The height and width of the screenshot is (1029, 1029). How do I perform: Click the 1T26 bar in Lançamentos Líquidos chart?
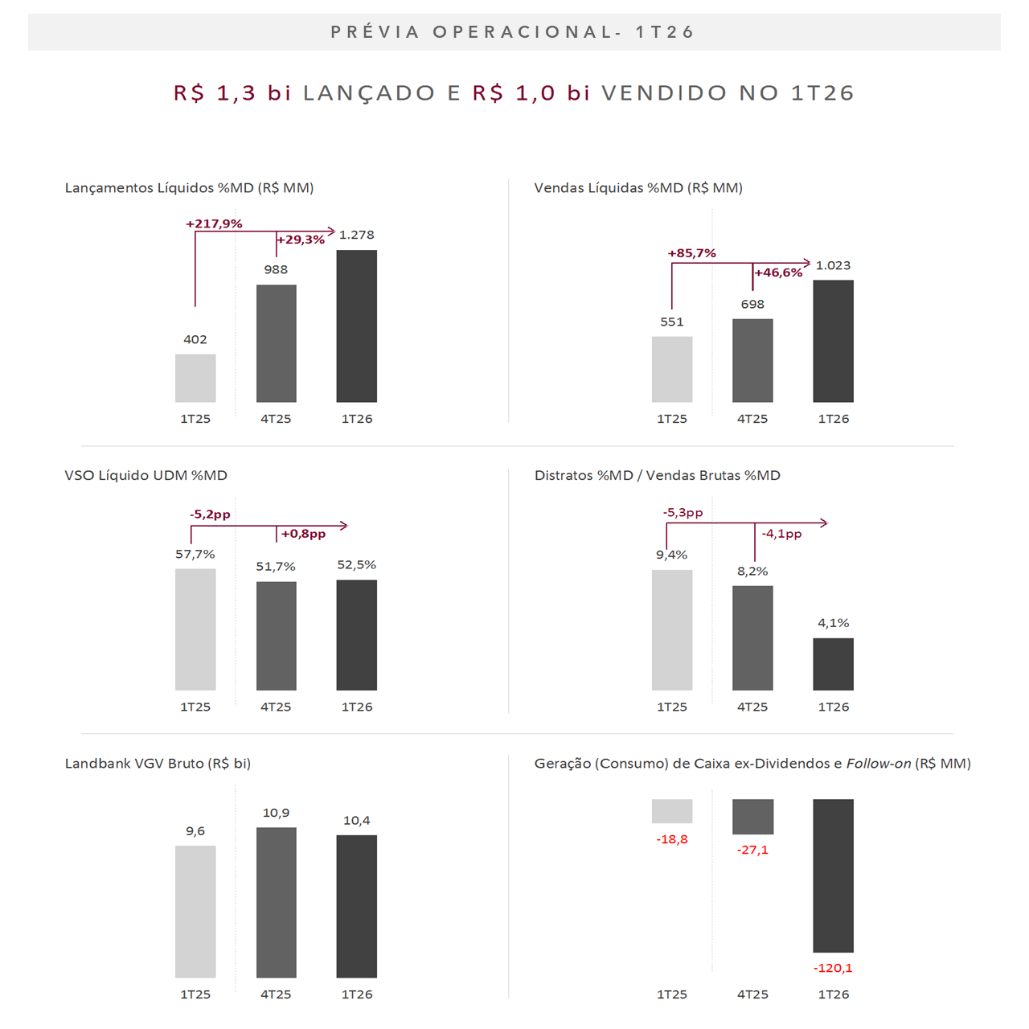(x=356, y=326)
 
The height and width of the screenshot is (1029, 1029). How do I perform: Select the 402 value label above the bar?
(x=195, y=339)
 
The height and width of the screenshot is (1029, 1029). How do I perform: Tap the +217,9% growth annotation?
(x=214, y=223)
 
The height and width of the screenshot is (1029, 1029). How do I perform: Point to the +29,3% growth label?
(x=301, y=240)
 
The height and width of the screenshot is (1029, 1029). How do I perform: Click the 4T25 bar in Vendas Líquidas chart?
(x=752, y=360)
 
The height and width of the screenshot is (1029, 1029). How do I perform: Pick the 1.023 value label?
(x=833, y=265)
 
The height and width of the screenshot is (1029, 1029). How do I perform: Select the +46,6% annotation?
(x=778, y=273)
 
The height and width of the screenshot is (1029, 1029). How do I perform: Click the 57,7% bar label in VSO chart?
(x=195, y=554)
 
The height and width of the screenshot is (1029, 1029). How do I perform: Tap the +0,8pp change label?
(x=303, y=534)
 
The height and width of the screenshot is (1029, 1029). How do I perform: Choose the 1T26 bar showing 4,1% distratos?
(x=833, y=664)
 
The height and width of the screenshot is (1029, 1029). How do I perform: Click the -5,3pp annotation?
(x=683, y=512)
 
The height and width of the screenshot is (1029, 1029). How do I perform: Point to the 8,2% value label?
(x=752, y=571)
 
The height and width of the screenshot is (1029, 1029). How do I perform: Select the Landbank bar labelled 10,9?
(x=276, y=902)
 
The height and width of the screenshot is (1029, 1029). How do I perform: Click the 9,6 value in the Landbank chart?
(x=195, y=830)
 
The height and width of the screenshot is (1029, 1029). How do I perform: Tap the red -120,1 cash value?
(x=833, y=968)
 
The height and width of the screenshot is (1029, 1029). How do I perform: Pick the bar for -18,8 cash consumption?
(x=672, y=811)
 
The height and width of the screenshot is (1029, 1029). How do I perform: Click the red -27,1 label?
(x=752, y=850)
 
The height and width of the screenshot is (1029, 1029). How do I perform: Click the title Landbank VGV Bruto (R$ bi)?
(x=158, y=763)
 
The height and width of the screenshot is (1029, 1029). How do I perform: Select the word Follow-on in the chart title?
(x=879, y=763)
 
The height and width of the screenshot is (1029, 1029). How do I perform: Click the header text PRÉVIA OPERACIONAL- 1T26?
(x=513, y=32)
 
